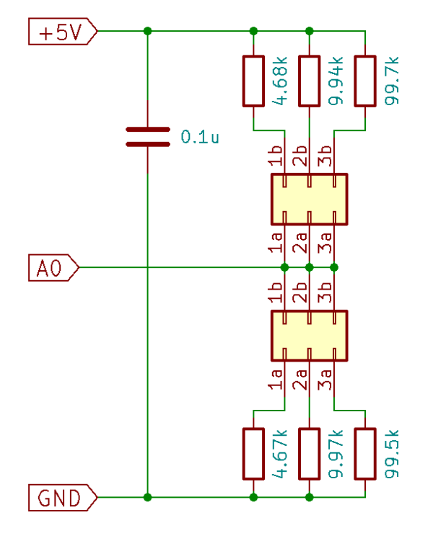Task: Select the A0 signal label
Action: click(x=51, y=267)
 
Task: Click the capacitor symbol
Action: click(x=148, y=137)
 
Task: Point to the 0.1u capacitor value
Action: click(x=200, y=137)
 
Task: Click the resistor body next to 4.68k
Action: click(x=253, y=81)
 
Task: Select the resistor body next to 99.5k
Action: click(x=366, y=454)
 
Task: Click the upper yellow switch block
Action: click(x=309, y=199)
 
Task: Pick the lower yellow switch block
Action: click(x=309, y=336)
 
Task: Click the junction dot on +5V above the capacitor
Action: click(x=148, y=31)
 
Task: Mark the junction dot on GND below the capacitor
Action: click(x=148, y=497)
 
